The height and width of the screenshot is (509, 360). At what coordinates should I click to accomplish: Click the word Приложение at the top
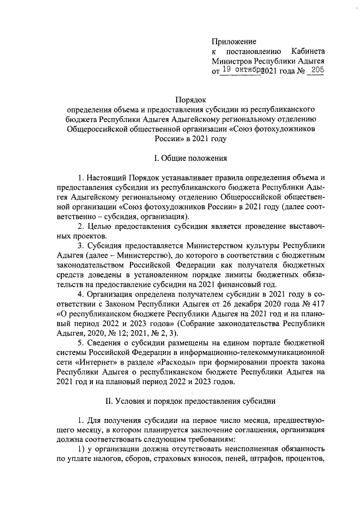(x=234, y=42)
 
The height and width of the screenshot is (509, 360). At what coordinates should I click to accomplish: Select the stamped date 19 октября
(x=243, y=70)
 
